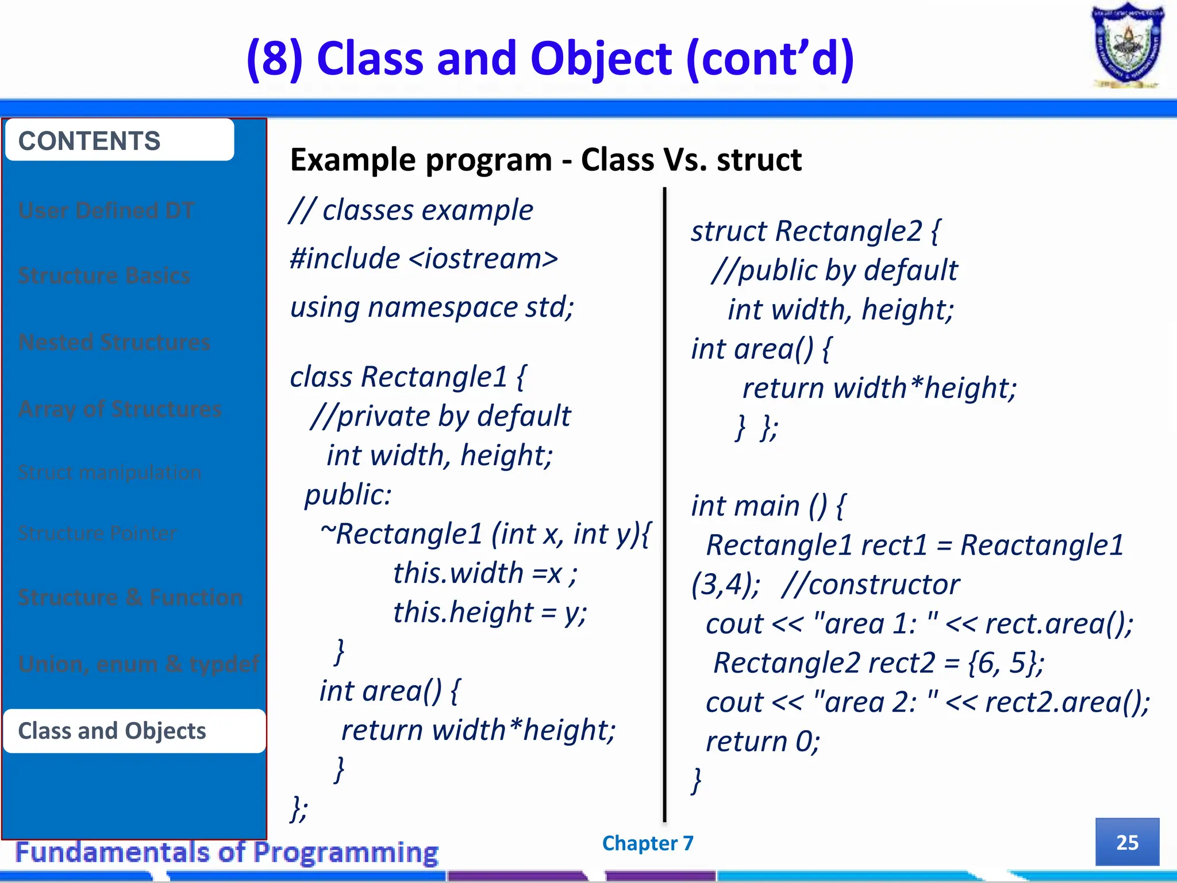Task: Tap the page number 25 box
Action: click(x=1126, y=842)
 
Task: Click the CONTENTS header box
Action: click(x=120, y=141)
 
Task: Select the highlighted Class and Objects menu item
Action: click(x=134, y=731)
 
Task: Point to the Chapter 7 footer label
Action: click(x=648, y=843)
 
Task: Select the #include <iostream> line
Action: click(x=424, y=259)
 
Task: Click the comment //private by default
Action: click(x=440, y=416)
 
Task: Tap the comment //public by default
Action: click(x=834, y=270)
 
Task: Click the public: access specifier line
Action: click(x=348, y=494)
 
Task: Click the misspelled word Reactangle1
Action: click(x=1041, y=545)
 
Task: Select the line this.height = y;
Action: click(x=490, y=612)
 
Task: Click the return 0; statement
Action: click(x=762, y=742)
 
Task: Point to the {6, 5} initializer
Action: click(x=1006, y=663)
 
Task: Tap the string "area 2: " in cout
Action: click(x=876, y=702)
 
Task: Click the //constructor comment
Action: click(x=871, y=585)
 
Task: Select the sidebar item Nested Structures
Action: click(x=114, y=343)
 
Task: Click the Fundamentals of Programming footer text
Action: click(x=227, y=853)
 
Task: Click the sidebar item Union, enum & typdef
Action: click(x=139, y=665)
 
